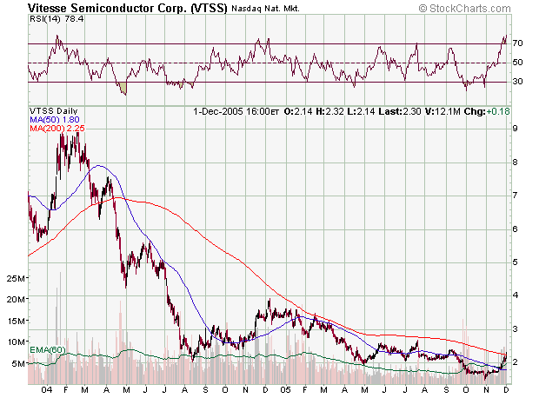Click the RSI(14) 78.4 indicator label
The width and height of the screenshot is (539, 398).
[48, 20]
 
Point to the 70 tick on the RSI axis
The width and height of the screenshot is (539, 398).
[516, 43]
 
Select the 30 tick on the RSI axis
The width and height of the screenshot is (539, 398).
[516, 82]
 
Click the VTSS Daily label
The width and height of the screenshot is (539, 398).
[53, 111]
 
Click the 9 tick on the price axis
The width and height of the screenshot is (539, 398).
[515, 128]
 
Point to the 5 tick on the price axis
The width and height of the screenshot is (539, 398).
[515, 262]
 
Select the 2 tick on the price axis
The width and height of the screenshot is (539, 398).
[515, 362]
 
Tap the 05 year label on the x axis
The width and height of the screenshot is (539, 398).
[286, 391]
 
